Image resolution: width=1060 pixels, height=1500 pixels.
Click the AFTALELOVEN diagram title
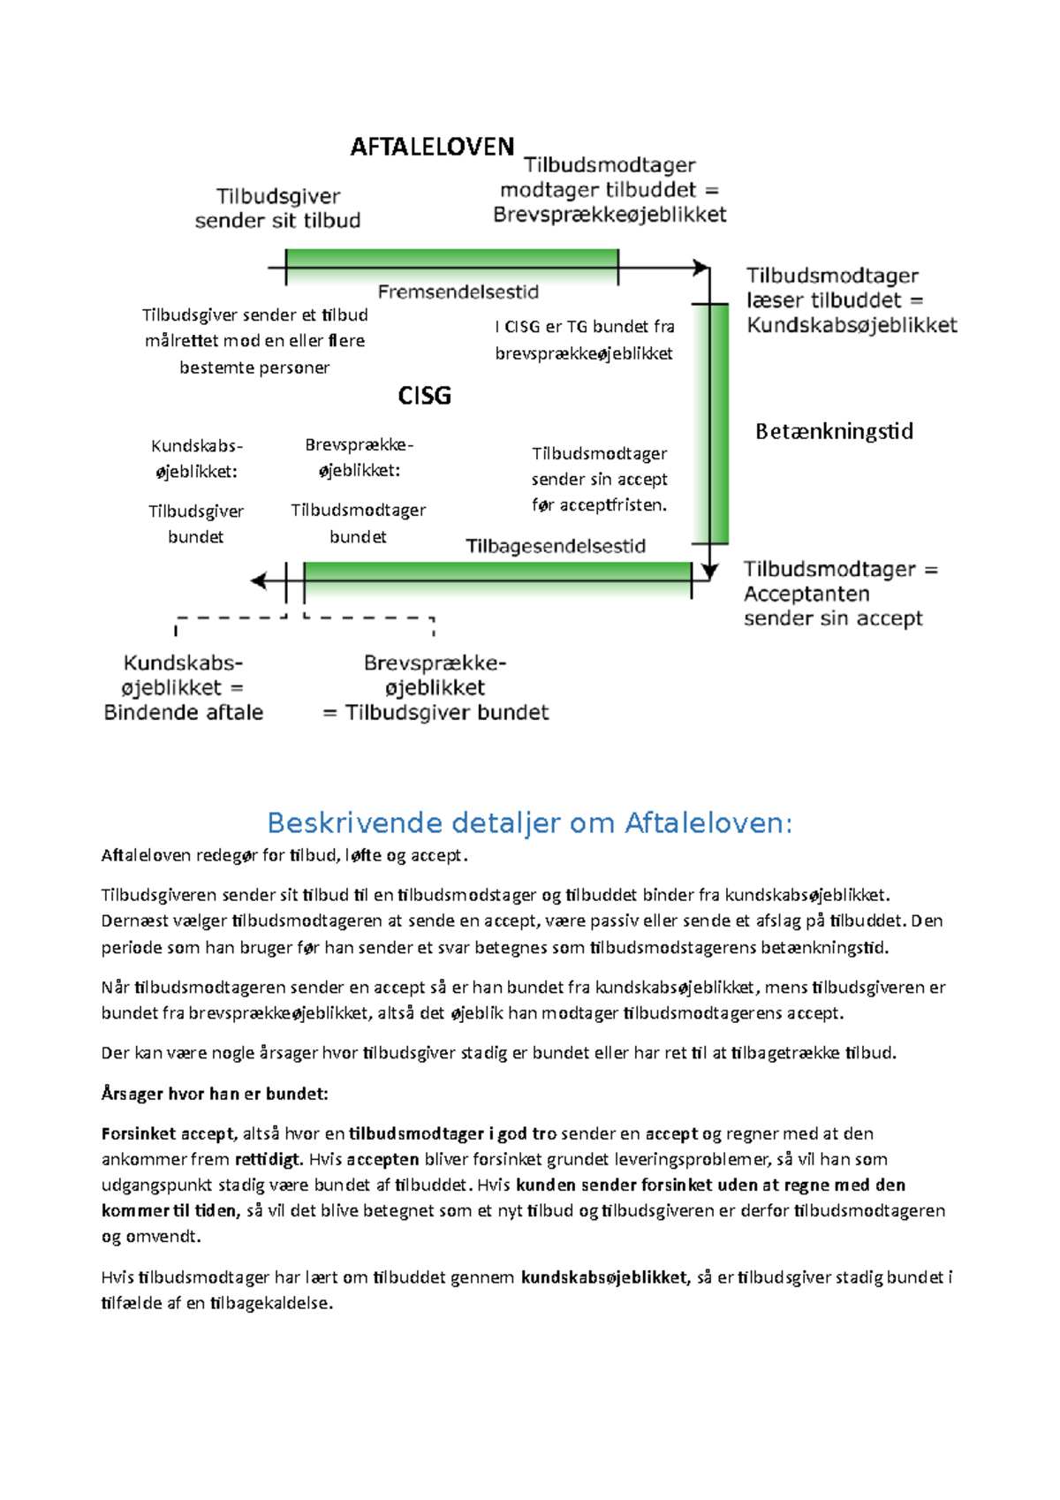(432, 147)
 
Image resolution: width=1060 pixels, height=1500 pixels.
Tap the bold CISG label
(424, 396)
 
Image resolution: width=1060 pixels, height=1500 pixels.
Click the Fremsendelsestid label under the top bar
(458, 292)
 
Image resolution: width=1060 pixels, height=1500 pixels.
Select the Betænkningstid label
(834, 432)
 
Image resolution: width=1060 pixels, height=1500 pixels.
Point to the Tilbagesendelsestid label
(556, 547)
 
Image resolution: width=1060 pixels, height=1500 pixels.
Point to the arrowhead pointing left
(258, 580)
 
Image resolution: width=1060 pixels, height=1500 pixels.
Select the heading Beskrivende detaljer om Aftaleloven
(530, 823)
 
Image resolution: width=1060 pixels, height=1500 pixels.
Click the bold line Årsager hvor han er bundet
(215, 1094)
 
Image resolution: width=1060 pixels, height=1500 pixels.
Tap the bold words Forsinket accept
(168, 1133)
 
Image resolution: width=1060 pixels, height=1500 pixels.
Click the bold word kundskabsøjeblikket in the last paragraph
(604, 1277)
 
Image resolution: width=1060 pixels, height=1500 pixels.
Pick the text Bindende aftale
(184, 713)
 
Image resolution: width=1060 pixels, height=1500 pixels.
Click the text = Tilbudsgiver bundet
(435, 713)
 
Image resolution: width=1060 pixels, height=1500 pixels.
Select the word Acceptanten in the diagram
(806, 595)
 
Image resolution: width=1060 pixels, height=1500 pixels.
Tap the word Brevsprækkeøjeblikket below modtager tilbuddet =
(609, 215)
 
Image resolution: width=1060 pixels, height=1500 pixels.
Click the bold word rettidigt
(269, 1159)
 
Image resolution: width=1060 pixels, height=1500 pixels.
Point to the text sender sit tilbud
(277, 221)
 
